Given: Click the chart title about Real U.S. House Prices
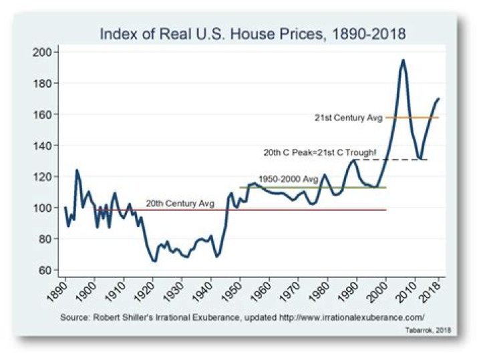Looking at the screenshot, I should pyautogui.click(x=253, y=33).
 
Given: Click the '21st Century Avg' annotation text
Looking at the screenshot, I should pyautogui.click(x=348, y=118).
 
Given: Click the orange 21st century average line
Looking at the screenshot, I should pyautogui.click(x=412, y=118).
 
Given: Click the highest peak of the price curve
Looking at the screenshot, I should pyautogui.click(x=403, y=60).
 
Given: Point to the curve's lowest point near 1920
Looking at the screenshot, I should pyautogui.click(x=154, y=260).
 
